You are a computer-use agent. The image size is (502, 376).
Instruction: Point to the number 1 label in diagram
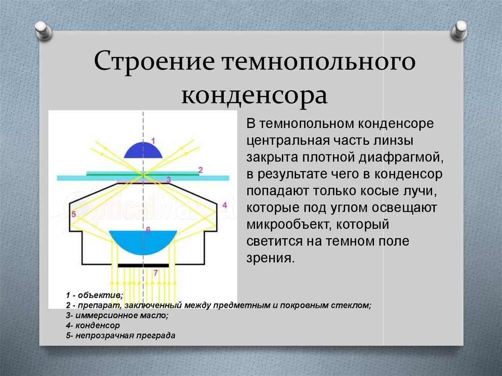pos(153,141)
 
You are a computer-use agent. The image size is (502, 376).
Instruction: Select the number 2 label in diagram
pos(200,170)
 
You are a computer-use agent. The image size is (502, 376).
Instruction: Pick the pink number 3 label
pos(168,180)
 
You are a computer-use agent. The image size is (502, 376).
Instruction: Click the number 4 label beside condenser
pos(224,204)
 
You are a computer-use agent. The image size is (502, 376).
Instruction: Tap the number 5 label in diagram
pos(74,214)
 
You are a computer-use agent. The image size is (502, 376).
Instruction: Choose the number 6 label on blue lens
pos(148,229)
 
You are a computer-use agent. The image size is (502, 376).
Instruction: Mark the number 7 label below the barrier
pos(155,272)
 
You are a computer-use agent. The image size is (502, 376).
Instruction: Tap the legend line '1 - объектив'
pos(95,295)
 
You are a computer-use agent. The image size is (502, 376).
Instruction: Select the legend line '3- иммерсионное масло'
pos(117,316)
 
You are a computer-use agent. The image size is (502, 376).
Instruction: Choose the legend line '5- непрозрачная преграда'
pos(121,336)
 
